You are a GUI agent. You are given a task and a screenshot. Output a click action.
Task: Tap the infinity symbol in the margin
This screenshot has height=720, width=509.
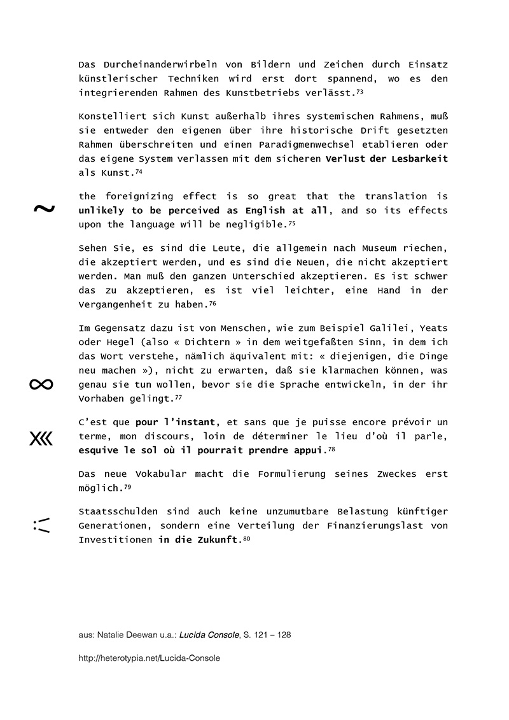coord(41,384)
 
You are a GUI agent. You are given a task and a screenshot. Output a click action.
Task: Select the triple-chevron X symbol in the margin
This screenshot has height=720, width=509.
coord(41,438)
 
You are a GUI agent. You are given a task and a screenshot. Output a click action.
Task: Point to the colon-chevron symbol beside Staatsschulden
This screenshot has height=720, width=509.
coord(41,525)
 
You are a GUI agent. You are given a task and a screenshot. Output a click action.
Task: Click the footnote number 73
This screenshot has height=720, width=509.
coord(359,92)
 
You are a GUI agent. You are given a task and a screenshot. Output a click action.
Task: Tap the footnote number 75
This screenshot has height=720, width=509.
coord(292,223)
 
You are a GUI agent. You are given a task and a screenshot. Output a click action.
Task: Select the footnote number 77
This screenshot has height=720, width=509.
coord(178,397)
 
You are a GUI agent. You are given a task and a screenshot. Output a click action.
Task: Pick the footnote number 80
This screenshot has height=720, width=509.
coord(246,539)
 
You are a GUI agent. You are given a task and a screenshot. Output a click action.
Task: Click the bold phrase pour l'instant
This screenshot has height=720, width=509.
coord(177,423)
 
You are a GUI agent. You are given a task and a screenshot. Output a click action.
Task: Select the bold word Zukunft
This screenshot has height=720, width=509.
coord(218,540)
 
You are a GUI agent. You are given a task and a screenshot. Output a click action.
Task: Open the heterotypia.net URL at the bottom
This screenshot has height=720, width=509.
coord(149,658)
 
